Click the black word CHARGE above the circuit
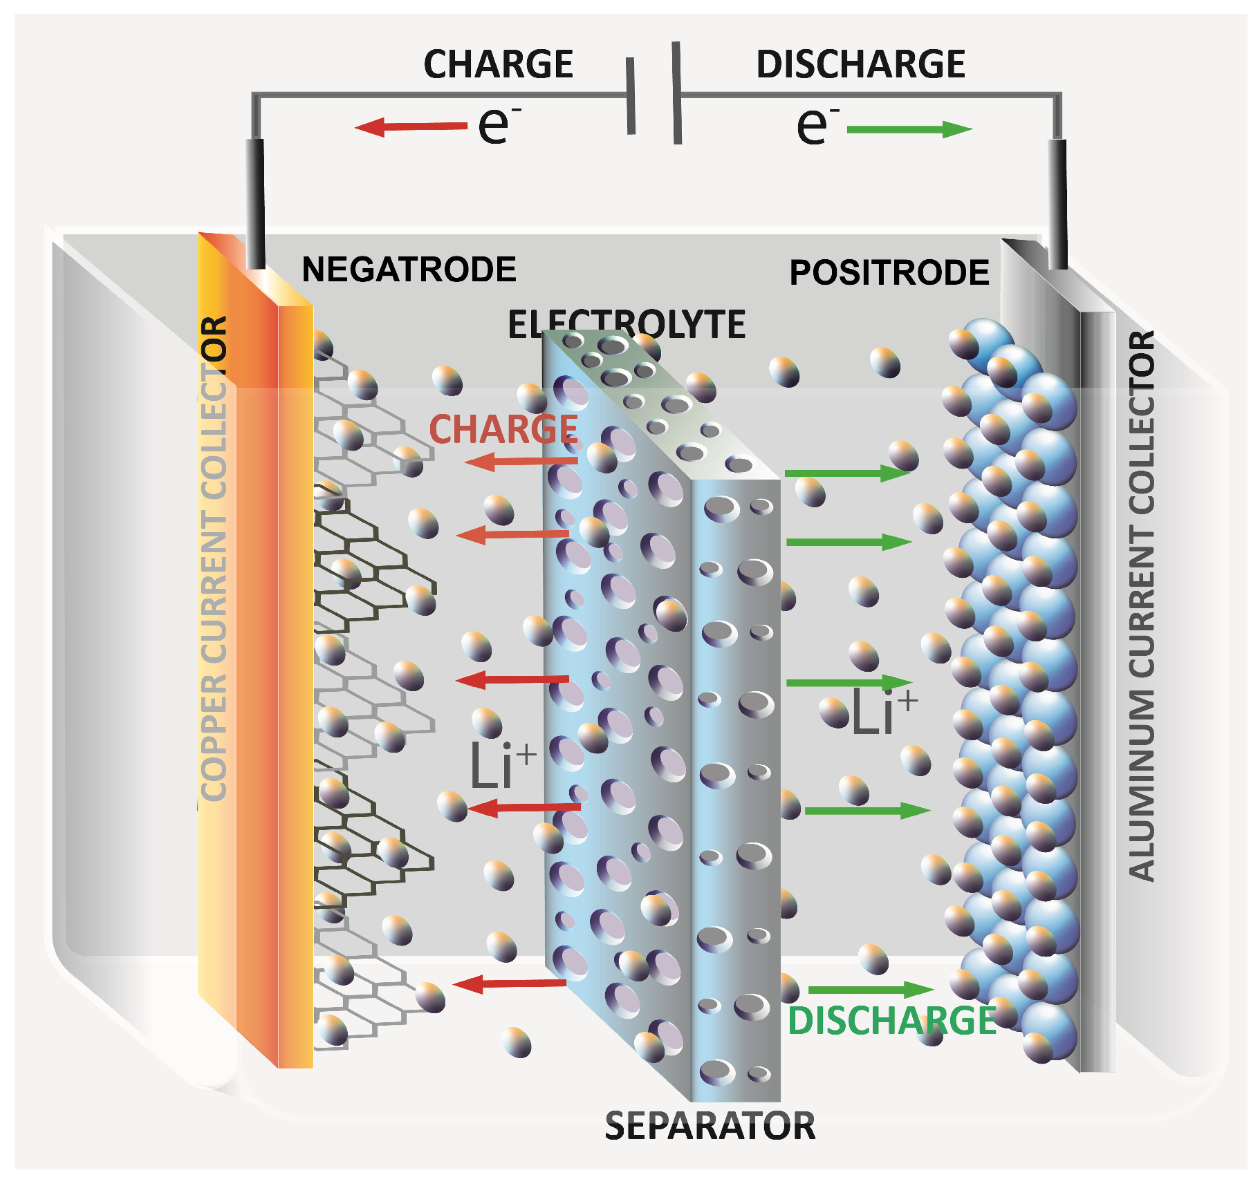498,64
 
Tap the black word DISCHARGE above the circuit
860,64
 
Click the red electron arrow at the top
411,126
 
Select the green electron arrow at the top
909,129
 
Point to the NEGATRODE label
409,270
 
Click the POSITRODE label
889,272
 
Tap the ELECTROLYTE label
627,324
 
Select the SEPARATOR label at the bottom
710,1127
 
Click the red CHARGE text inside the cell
503,429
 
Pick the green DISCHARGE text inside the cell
891,1021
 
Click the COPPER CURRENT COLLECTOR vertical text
214,560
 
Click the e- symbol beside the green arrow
817,126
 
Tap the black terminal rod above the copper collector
255,204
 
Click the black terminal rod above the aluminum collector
1057,204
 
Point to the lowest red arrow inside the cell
510,983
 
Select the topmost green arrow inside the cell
847,473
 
